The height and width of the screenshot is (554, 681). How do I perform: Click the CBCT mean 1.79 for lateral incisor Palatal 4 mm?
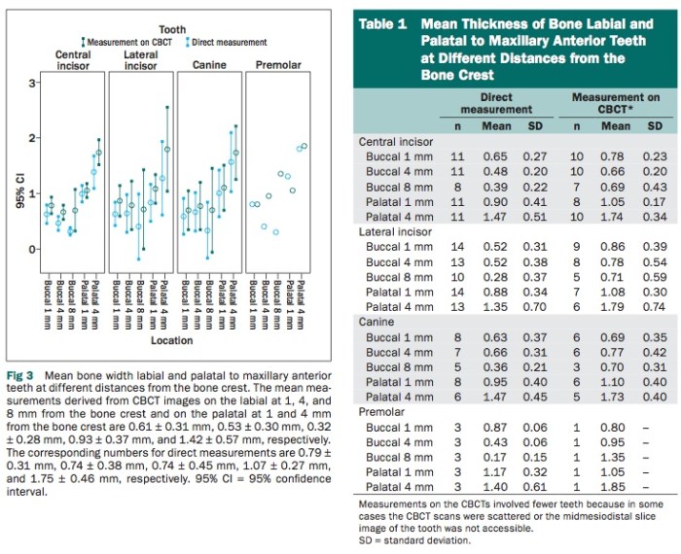click(x=617, y=307)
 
